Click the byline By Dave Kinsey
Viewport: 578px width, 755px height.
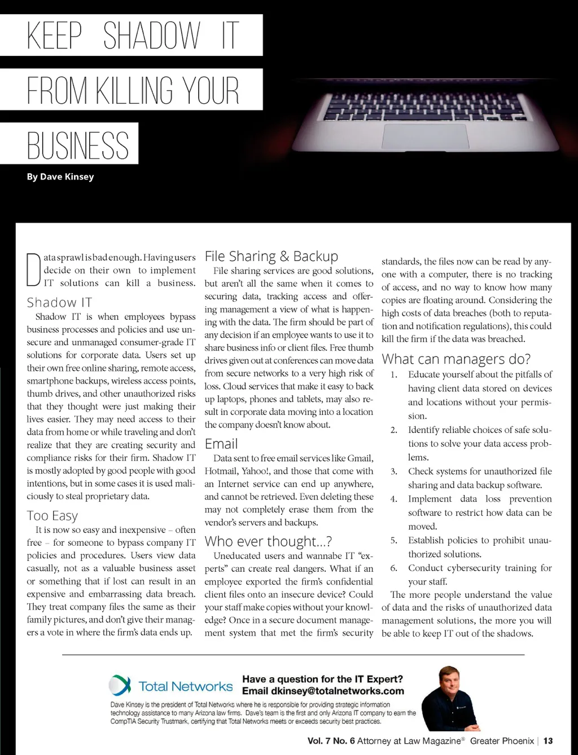click(x=60, y=176)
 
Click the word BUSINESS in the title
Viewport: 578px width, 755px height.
click(x=78, y=144)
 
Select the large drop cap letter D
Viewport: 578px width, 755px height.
click(x=34, y=271)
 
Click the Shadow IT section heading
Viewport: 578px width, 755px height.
click(x=59, y=302)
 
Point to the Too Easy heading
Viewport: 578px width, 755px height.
click(x=52, y=515)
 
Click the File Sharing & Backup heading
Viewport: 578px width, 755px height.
click(x=272, y=257)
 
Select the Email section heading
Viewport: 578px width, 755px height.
click(x=221, y=444)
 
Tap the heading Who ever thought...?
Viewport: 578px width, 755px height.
click(x=268, y=541)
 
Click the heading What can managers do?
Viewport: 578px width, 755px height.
click(x=456, y=359)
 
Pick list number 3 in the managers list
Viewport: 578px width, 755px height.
click(x=393, y=471)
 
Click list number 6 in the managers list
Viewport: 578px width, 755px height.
click(x=393, y=568)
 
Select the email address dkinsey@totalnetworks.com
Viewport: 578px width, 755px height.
click(x=338, y=691)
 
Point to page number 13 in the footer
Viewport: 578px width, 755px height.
click(x=548, y=740)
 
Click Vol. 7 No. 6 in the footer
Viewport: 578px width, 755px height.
click(x=331, y=740)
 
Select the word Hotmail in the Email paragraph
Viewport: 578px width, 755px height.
click(x=221, y=471)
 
